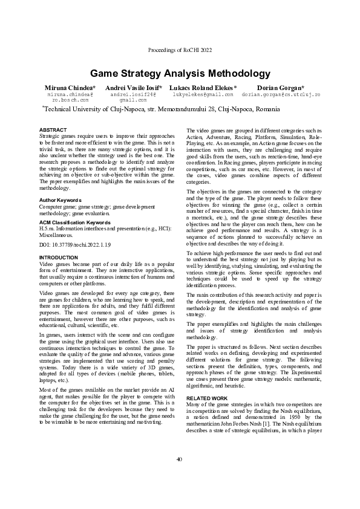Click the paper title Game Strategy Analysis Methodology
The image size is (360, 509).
180,74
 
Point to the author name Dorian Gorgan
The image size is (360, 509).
280,88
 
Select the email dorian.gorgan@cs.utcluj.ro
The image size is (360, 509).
280,95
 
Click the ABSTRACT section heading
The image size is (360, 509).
53,130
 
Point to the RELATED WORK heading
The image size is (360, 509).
208,399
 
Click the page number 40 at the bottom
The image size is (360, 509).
180,477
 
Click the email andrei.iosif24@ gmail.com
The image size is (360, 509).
133,97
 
